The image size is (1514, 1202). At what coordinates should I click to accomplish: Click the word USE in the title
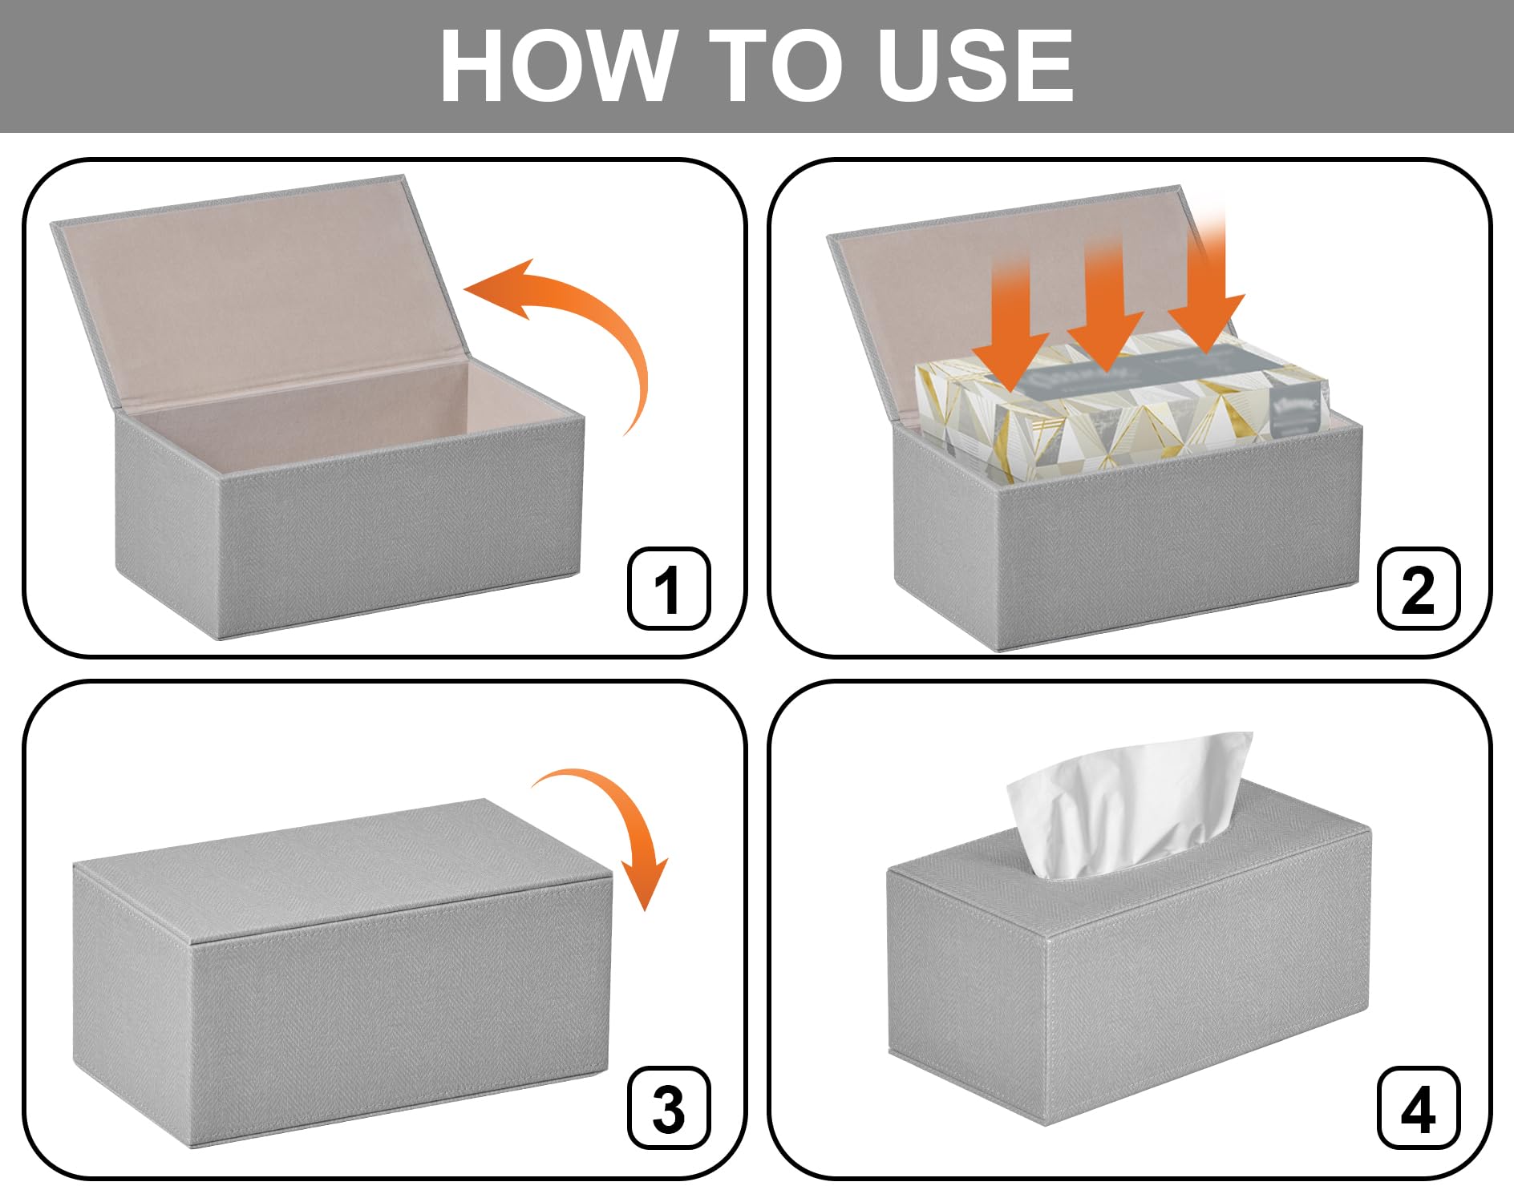pyautogui.click(x=974, y=66)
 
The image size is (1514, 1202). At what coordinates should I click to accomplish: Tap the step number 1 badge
pyautogui.click(x=668, y=589)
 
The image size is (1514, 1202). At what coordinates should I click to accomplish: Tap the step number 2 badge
pyautogui.click(x=1418, y=589)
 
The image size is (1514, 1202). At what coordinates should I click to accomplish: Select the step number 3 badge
pyautogui.click(x=668, y=1108)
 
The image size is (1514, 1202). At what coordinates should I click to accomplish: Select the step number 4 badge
pyautogui.click(x=1418, y=1108)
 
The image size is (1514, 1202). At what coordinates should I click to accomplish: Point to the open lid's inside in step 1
pyautogui.click(x=257, y=296)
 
